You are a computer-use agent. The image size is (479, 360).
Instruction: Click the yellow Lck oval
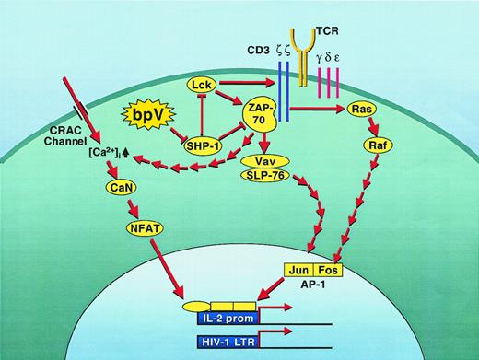pyautogui.click(x=201, y=84)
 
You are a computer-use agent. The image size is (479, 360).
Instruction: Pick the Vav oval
pyautogui.click(x=264, y=161)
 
